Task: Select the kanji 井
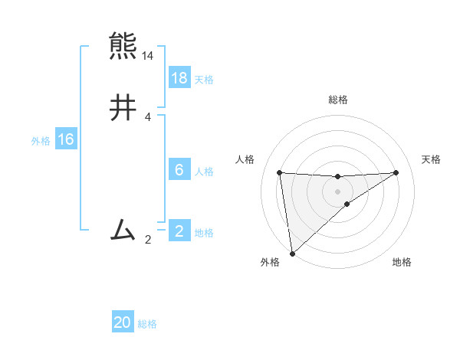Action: click(x=123, y=108)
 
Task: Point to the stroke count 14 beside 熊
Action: click(x=148, y=56)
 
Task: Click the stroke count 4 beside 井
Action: click(x=148, y=117)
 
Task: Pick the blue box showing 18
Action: click(x=179, y=78)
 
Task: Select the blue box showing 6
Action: click(x=179, y=170)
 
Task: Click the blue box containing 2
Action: click(x=179, y=231)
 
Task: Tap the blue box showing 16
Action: click(x=66, y=139)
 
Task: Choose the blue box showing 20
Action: click(x=123, y=323)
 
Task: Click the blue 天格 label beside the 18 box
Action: click(x=204, y=79)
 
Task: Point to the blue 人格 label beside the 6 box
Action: click(x=204, y=171)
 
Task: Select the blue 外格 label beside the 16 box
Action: click(x=41, y=140)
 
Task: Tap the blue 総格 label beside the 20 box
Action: click(x=147, y=324)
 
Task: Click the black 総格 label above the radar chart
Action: click(x=338, y=100)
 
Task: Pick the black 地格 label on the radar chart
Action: click(x=402, y=262)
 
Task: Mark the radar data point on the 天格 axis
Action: click(x=396, y=172)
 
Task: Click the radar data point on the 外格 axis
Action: click(x=291, y=254)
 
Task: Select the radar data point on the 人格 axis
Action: click(x=280, y=172)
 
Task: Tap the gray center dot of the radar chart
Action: click(x=338, y=191)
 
